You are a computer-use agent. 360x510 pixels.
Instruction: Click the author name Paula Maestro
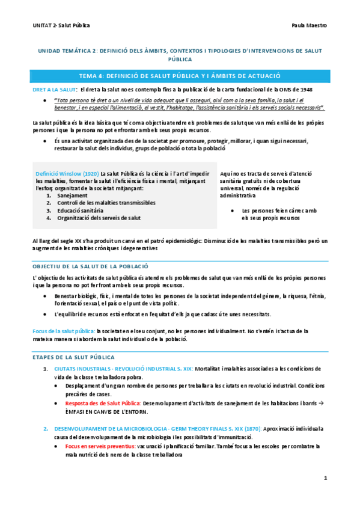tap(308, 26)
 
